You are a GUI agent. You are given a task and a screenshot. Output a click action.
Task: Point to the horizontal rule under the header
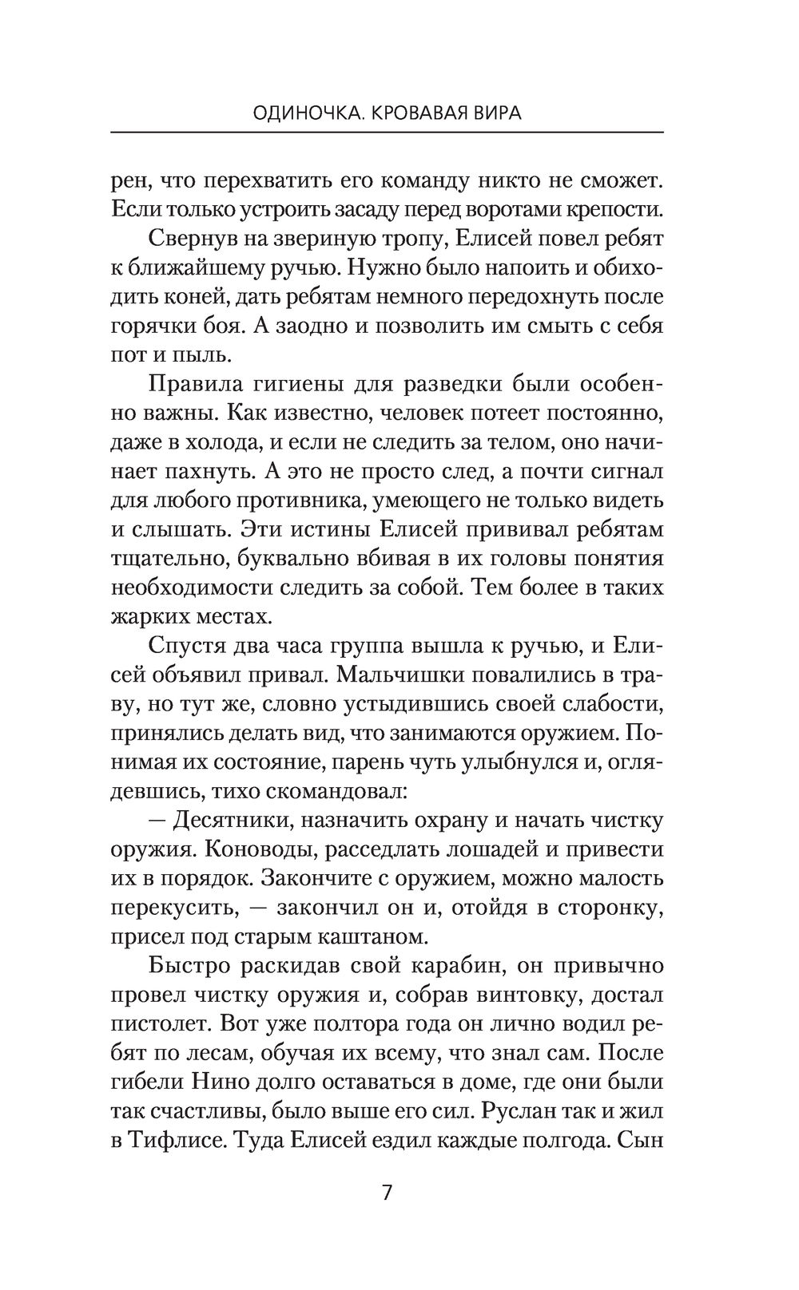click(x=388, y=132)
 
